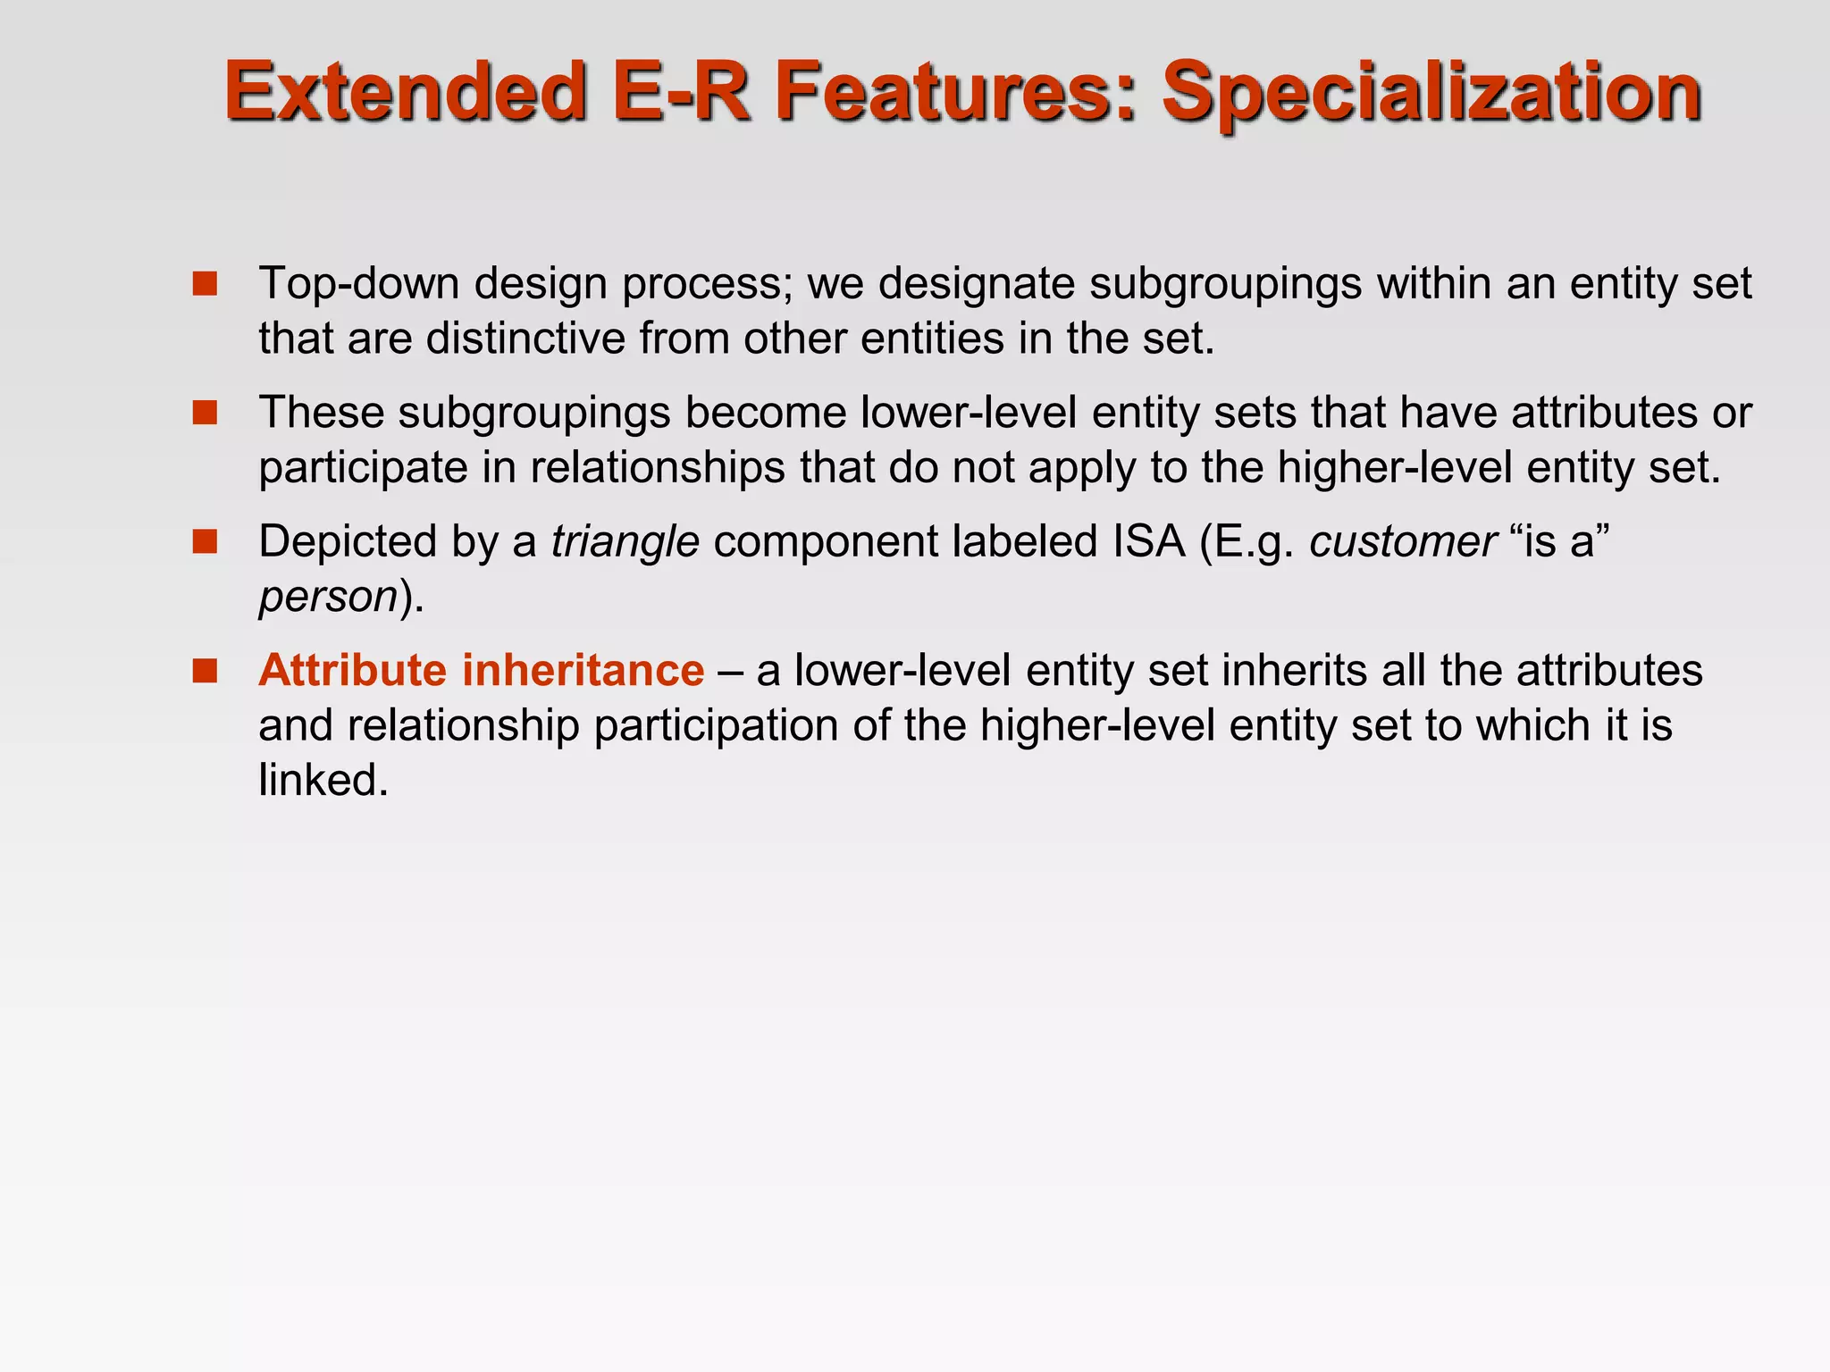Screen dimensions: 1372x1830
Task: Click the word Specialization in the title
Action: point(1431,92)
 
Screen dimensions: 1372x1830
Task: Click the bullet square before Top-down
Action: point(206,284)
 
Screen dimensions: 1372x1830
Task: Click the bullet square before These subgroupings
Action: point(206,413)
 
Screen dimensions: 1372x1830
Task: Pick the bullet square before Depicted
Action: point(206,541)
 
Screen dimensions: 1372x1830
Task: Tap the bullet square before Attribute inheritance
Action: point(206,671)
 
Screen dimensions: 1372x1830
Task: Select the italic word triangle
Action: point(625,542)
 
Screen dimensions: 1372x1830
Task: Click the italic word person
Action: point(328,597)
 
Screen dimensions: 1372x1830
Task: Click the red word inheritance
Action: point(583,671)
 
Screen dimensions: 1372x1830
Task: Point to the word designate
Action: point(976,284)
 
